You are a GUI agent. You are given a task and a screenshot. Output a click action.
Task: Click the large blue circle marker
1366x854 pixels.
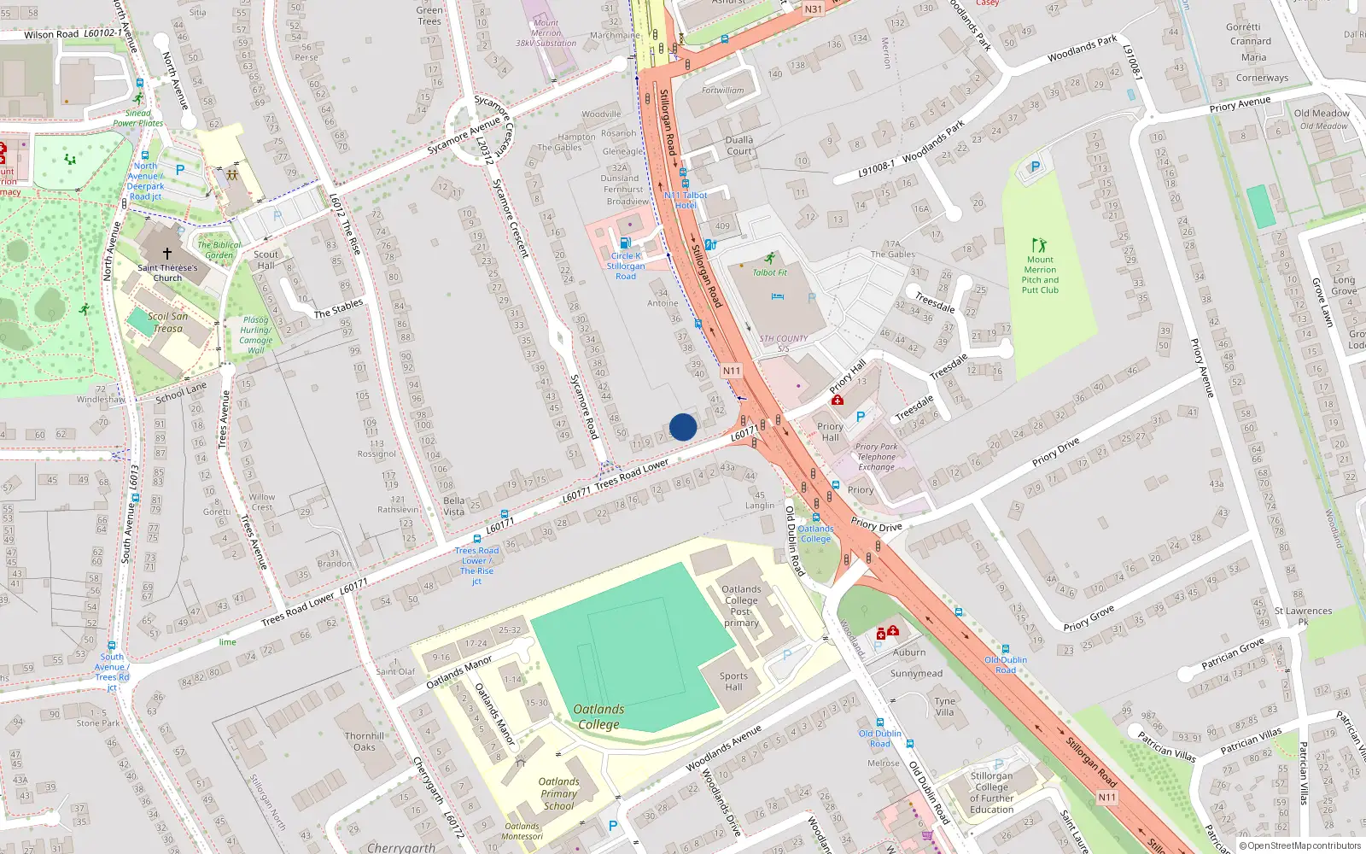[x=683, y=427]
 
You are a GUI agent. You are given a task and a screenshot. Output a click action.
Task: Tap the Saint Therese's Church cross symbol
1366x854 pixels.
[x=167, y=254]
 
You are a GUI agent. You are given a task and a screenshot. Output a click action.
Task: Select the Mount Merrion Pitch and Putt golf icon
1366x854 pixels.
[x=1039, y=245]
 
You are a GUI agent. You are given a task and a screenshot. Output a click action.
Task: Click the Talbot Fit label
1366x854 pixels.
[x=769, y=272]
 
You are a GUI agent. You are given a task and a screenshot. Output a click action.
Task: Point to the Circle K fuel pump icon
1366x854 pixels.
[x=625, y=243]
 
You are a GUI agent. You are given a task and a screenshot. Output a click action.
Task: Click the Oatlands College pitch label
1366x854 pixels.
[x=598, y=717]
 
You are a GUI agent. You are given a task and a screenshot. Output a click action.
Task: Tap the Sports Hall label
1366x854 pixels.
[x=733, y=681]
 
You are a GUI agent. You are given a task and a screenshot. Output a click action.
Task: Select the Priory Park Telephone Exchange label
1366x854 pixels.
[x=877, y=457]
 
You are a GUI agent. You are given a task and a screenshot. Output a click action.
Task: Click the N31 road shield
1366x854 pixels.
[x=814, y=9]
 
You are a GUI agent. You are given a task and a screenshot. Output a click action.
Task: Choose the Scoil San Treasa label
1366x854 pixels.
[x=168, y=322]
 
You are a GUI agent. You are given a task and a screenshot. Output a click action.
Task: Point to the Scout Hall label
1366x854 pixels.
[x=266, y=260]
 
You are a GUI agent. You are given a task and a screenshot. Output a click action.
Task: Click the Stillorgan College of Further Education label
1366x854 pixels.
[x=991, y=793]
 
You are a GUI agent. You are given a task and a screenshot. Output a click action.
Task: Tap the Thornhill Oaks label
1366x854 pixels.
[x=365, y=741]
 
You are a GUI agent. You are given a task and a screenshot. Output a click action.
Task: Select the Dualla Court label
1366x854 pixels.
[x=739, y=145]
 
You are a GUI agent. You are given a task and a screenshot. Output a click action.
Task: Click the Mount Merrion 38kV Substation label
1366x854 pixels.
[x=546, y=33]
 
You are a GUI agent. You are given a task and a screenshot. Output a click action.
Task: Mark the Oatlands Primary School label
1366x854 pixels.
[x=558, y=793]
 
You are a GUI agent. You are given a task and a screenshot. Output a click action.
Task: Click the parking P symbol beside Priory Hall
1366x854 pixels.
[x=861, y=417]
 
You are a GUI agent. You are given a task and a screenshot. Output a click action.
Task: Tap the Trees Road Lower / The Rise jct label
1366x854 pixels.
[x=476, y=565]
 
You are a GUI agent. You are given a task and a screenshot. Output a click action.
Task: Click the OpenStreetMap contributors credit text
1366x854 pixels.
[x=1300, y=846]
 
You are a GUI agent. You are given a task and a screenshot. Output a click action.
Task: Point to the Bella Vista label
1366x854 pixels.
[x=454, y=506]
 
